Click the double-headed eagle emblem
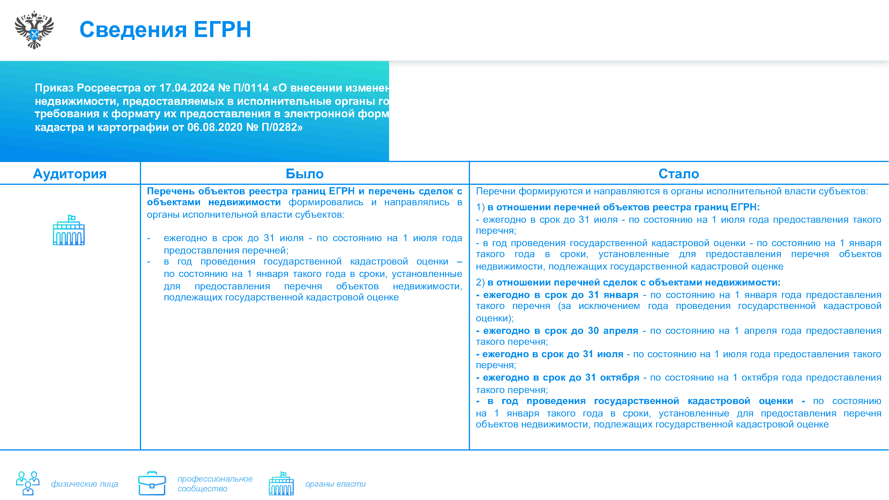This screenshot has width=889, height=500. pos(34,30)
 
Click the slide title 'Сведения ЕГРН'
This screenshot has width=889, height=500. pos(165,30)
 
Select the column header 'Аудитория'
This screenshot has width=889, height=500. pos(70,174)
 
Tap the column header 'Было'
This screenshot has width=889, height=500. pos(304,174)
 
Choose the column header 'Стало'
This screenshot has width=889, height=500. pos(679,174)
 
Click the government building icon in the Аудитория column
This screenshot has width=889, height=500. pos(69,230)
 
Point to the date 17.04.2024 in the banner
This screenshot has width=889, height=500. pos(187,88)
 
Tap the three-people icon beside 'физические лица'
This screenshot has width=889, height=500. pos(28,483)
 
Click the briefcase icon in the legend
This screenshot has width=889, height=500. pos(152,483)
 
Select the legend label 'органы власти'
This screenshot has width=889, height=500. pos(335,484)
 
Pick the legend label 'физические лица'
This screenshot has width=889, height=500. pos(84,484)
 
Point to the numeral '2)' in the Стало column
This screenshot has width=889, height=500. pos(480,282)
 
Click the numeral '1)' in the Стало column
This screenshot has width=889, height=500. pos(480,207)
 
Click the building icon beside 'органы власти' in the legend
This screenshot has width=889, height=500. pos(281,483)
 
